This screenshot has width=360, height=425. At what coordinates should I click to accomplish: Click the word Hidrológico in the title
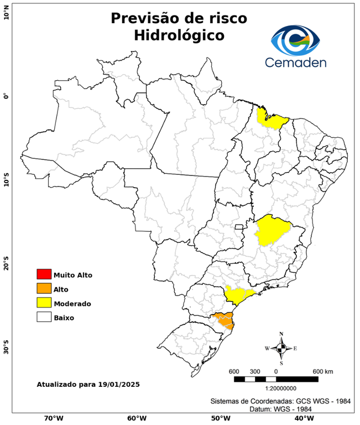179,35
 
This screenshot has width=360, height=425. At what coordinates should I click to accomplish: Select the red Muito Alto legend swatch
44,274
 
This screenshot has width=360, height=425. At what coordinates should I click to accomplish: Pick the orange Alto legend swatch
44,289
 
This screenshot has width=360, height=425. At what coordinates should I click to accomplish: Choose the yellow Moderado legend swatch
44,303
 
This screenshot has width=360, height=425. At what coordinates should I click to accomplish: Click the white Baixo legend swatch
44,318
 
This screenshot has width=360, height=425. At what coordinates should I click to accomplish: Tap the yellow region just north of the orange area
238,295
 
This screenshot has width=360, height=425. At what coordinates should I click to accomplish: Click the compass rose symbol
281,348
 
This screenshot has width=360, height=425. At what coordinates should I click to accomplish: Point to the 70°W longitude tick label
53,418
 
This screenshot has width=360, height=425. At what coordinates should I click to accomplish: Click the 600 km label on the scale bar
322,371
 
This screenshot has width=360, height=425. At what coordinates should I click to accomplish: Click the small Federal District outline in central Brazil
239,226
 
